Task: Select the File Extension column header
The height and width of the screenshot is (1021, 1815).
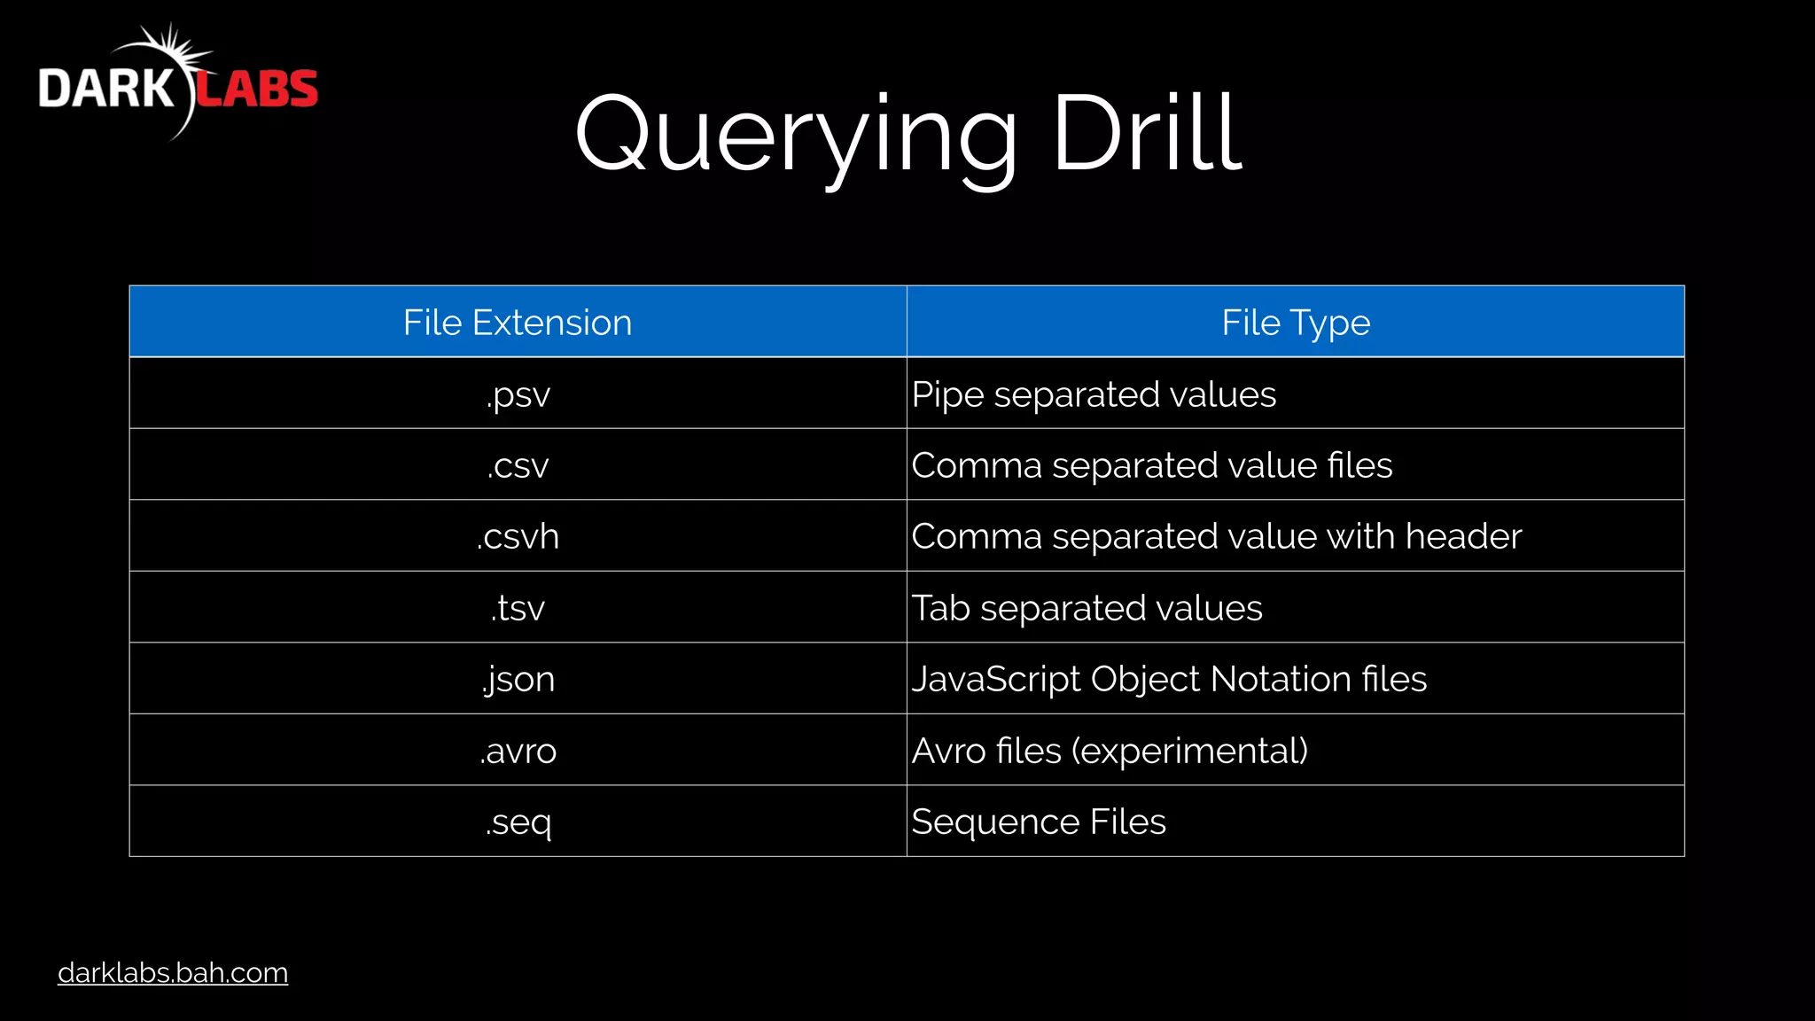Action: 518,323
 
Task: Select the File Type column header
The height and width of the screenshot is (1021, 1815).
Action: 1295,323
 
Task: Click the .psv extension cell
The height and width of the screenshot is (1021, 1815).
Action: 518,394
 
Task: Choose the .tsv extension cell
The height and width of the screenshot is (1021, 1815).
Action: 518,608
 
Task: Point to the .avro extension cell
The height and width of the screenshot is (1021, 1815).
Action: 518,751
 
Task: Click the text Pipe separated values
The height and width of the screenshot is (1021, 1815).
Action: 1094,394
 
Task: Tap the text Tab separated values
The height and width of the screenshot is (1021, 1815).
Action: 1087,608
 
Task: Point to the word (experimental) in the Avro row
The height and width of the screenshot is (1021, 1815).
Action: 1189,751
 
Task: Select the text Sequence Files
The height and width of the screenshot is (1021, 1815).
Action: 1039,822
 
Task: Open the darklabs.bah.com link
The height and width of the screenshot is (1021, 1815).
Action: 173,972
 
